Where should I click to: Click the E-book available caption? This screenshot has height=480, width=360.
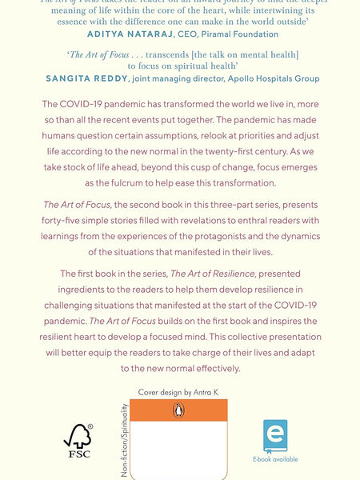pos(275,459)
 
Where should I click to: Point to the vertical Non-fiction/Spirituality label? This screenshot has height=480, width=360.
pos(125,441)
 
